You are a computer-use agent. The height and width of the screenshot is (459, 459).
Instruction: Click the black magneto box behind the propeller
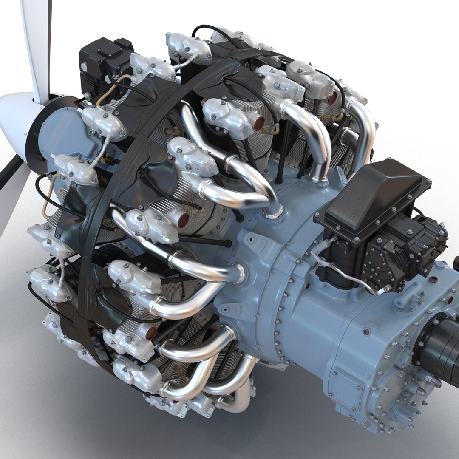104,59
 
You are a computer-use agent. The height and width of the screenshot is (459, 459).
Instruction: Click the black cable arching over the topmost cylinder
212,32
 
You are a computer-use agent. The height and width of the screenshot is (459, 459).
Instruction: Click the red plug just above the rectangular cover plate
366,331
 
